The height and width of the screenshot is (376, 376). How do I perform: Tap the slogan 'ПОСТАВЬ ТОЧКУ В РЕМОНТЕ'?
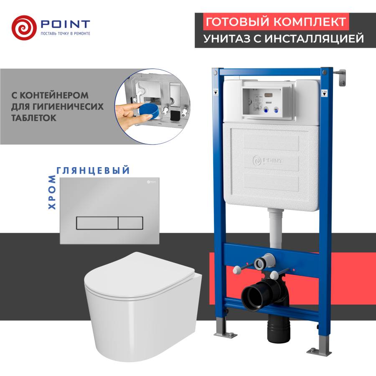click(x=65, y=33)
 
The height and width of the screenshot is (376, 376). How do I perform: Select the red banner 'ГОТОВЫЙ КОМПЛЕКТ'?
click(x=276, y=22)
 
